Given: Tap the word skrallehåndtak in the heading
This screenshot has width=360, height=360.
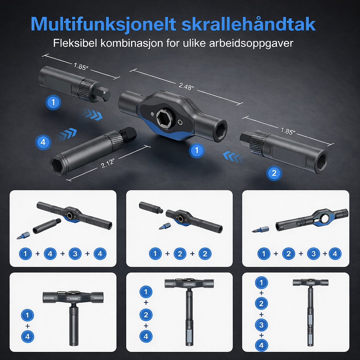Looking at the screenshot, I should tap(248, 24).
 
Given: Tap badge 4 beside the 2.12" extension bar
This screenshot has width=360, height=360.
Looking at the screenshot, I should tap(43, 142).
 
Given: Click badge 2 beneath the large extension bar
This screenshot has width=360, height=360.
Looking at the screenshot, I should tap(274, 173).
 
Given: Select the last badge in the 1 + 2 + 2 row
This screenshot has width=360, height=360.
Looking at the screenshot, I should tap(205, 253).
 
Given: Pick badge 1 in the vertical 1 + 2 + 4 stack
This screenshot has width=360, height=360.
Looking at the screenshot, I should tap(146, 291).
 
